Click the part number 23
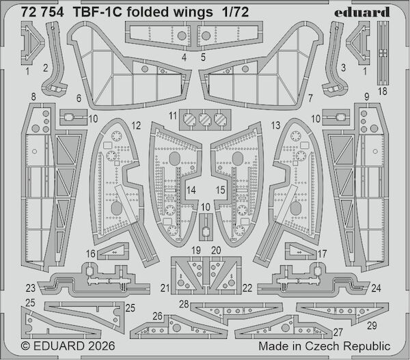click(x=31, y=288)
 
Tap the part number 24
click(x=377, y=288)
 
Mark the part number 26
click(x=157, y=316)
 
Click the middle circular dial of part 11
click(x=205, y=120)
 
